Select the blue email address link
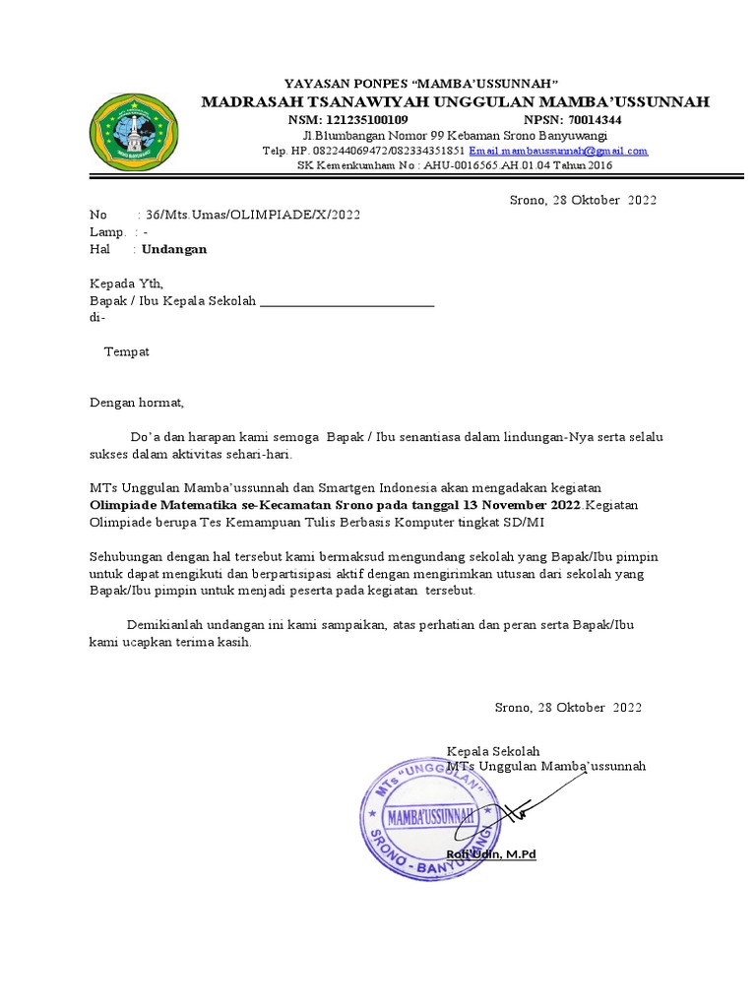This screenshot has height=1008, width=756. click(x=558, y=151)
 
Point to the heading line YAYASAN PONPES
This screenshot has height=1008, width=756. click(x=421, y=82)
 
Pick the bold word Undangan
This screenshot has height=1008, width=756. click(x=174, y=249)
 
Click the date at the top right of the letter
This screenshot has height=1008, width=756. click(x=582, y=200)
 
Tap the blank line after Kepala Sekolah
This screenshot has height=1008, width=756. click(x=346, y=301)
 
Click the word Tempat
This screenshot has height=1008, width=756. click(x=127, y=351)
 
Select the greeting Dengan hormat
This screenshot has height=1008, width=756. click(x=137, y=402)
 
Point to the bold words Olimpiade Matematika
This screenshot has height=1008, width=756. click(x=155, y=505)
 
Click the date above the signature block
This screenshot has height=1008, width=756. click(x=567, y=707)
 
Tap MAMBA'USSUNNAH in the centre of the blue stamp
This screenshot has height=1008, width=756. click(x=431, y=816)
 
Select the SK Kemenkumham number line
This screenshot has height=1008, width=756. click(x=455, y=165)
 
